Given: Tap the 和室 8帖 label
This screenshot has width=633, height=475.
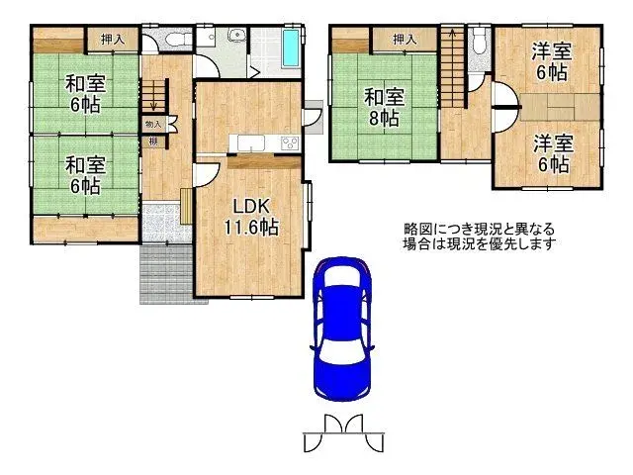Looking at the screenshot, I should click(382, 108).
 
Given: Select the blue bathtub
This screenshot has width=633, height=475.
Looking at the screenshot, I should click(291, 47).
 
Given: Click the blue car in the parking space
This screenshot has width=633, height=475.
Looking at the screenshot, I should click(341, 328).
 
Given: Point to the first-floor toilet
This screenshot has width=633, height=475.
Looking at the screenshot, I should click(175, 41).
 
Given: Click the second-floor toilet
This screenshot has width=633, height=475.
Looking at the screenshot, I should click(479, 41).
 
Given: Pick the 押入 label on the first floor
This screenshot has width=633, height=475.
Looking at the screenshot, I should click(112, 39).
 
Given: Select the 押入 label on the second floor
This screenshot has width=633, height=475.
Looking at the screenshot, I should click(403, 39).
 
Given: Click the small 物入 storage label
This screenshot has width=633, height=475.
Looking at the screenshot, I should click(153, 124).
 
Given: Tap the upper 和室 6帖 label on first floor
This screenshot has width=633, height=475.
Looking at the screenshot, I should click(84, 92).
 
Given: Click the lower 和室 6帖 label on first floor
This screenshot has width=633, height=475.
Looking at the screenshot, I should click(84, 174).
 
